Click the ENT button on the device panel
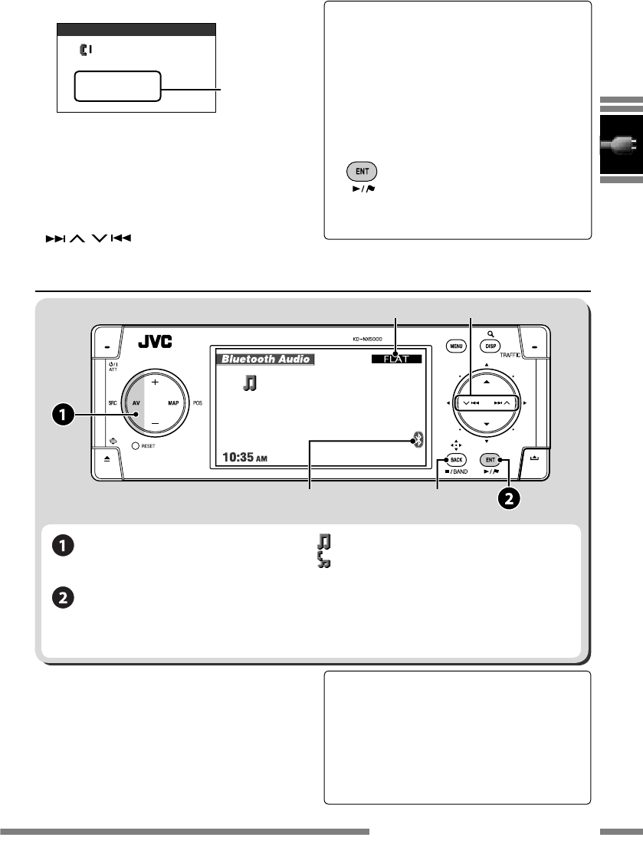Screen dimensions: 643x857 (490, 459)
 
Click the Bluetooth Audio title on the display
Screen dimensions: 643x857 (264, 358)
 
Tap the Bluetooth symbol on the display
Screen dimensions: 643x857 (418, 440)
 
